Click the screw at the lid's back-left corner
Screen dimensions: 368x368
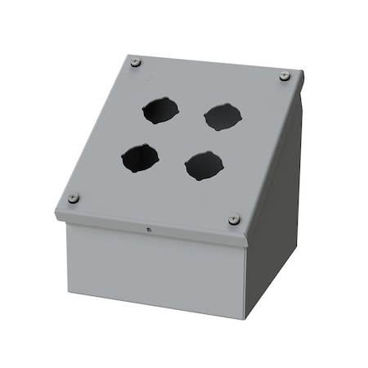pyautogui.click(x=136, y=63)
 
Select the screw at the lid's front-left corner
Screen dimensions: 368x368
pyautogui.click(x=74, y=198)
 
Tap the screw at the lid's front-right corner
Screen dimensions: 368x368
pyautogui.click(x=234, y=218)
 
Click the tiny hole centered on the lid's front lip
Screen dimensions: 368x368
pyautogui.click(x=148, y=230)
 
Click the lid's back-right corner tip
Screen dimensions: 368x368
pyautogui.click(x=303, y=72)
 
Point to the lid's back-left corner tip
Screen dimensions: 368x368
pyautogui.click(x=128, y=55)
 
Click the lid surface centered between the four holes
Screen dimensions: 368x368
pyautogui.click(x=180, y=137)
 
